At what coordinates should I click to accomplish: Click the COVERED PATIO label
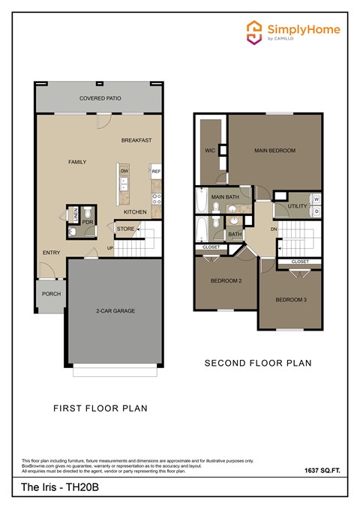point(100,98)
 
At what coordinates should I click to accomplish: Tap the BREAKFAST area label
point(136,140)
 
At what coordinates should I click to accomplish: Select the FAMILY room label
point(77,162)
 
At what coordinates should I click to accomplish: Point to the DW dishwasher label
point(124,171)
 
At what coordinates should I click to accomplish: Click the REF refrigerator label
point(156,172)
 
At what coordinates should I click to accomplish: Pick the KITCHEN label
point(135,212)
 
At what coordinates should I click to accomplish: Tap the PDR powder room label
point(87,223)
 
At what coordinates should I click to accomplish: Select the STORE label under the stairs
point(125,229)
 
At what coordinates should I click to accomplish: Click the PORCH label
point(51,294)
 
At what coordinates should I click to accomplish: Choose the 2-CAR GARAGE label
point(115,310)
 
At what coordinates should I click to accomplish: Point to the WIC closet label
point(210,150)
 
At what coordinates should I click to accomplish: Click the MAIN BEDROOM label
point(274,151)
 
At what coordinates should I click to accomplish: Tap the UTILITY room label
point(297,205)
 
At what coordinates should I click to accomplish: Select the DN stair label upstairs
point(274,229)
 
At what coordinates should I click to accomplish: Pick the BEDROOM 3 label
point(290,300)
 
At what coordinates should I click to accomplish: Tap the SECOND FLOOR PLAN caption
point(258,364)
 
